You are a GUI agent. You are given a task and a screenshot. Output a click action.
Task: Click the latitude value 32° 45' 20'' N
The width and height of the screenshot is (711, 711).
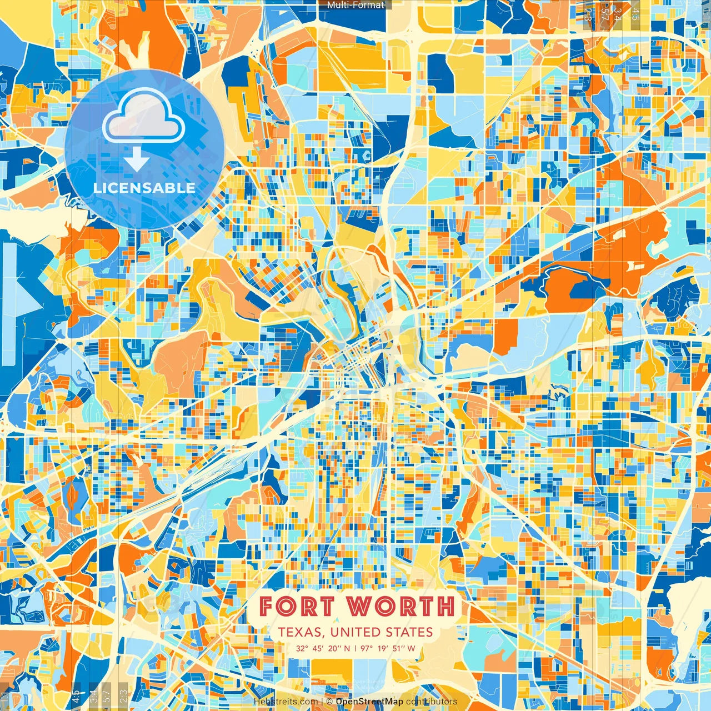click(323, 648)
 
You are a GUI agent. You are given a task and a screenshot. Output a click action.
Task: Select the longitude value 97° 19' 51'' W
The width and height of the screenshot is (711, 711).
click(388, 648)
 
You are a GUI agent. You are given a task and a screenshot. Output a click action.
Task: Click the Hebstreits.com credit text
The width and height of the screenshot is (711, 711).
click(286, 702)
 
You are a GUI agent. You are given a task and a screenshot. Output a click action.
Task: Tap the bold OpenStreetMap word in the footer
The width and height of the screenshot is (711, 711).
click(369, 702)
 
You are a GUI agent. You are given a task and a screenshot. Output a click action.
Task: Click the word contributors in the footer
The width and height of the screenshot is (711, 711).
click(432, 702)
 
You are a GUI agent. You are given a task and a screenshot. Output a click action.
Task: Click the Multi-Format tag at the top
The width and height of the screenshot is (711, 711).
click(355, 5)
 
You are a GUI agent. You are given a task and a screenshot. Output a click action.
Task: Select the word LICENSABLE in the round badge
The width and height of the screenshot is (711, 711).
click(144, 188)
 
